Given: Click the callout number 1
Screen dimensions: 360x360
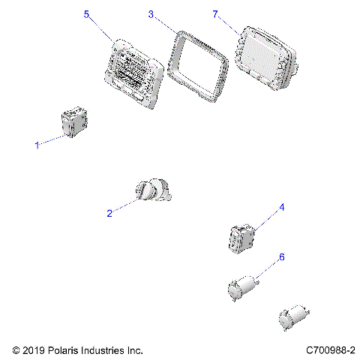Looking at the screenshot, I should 37,145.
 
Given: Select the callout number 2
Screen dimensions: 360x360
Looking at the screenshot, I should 109,213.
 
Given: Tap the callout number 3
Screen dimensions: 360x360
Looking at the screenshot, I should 151,14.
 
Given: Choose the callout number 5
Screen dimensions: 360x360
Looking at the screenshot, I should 86,14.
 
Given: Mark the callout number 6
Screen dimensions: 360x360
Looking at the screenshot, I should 281,257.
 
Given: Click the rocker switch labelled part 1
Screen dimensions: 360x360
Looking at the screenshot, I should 74,122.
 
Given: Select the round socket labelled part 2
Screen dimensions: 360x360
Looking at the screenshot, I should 154,192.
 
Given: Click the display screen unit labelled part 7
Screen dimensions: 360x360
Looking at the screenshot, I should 265,58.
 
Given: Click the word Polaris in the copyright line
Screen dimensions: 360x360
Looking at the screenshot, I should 63,350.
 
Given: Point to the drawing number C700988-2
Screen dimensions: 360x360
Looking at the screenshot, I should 330,350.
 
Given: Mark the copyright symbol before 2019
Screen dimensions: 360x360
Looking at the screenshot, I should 16,350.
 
